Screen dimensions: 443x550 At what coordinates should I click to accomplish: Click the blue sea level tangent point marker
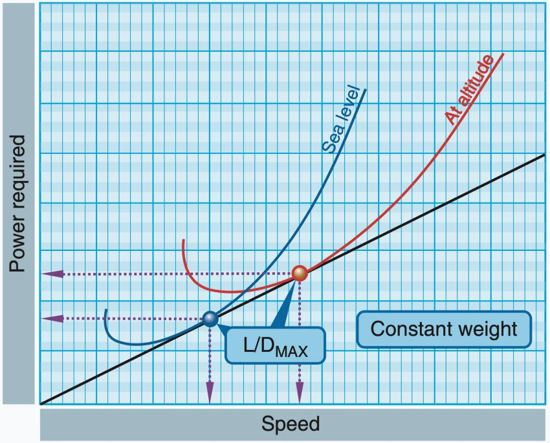click(210, 318)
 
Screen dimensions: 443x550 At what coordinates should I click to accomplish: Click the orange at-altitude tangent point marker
click(299, 274)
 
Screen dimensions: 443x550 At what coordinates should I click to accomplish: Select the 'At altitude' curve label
click(469, 89)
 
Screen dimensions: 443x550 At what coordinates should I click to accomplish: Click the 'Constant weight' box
click(443, 329)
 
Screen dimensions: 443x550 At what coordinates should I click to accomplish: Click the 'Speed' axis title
click(291, 424)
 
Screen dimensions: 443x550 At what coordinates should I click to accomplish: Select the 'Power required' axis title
click(17, 203)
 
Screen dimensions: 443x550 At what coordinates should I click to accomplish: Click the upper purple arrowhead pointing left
click(49, 274)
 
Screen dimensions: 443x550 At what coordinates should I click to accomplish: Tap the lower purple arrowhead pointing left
click(49, 318)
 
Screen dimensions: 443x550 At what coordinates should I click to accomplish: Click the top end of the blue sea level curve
click(366, 89)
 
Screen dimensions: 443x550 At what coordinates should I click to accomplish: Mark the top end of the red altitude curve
click(503, 54)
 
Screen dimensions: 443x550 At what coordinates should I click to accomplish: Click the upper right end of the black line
click(544, 155)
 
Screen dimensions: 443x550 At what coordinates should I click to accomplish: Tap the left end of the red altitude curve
click(184, 241)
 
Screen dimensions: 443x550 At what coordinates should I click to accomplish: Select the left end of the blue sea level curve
click(105, 310)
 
